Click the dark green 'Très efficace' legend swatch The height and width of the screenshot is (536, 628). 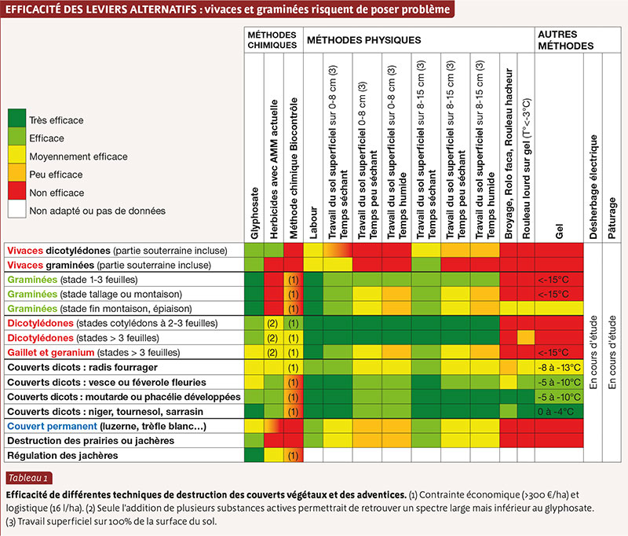tap(16, 118)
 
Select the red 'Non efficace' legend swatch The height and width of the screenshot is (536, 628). tap(16, 190)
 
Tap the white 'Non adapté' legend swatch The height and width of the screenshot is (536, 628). tap(16, 209)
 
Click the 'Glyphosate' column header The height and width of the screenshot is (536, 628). tap(254, 213)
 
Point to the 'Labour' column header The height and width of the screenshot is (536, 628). tap(313, 223)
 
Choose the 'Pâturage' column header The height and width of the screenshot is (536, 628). tap(612, 218)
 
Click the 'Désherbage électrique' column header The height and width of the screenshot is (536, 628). tap(593, 187)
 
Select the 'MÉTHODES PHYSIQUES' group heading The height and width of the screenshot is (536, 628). tap(363, 40)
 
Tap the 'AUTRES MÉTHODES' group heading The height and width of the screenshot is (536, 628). tap(565, 40)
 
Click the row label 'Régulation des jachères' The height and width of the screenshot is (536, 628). tap(63, 455)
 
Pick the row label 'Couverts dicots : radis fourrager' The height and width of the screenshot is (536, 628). tap(82, 367)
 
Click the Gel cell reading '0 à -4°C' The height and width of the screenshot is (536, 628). tap(556, 412)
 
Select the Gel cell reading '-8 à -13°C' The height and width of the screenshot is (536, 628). tap(559, 368)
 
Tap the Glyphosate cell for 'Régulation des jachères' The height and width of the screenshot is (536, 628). tap(254, 455)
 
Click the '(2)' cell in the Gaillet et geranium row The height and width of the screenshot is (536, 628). tap(272, 353)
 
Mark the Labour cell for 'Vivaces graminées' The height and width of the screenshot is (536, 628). tap(313, 265)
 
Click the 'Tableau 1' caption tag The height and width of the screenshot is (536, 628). tap(29, 478)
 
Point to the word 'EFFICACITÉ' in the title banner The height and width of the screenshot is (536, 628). tap(31, 9)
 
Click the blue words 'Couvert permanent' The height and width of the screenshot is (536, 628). tap(52, 426)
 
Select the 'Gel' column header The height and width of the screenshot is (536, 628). tap(559, 232)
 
